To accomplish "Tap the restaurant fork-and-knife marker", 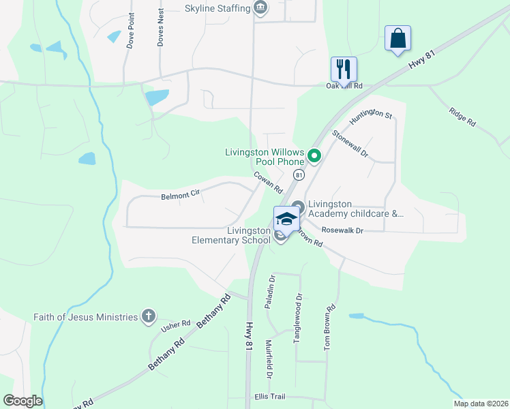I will (x=344, y=68).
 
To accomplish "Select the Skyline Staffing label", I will (x=218, y=8).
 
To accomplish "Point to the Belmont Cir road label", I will (x=180, y=196).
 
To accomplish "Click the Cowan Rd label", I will (x=268, y=182).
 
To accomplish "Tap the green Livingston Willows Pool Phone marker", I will (x=314, y=156).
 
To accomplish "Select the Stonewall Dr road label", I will (x=350, y=144).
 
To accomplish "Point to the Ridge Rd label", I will (x=462, y=115).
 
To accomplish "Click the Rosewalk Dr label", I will (x=343, y=230).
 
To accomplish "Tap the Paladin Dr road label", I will (x=271, y=288).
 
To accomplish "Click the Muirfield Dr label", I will (x=269, y=359).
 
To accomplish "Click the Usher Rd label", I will (x=170, y=327).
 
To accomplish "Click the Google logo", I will (x=22, y=401).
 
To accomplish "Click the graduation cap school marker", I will (x=287, y=219).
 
